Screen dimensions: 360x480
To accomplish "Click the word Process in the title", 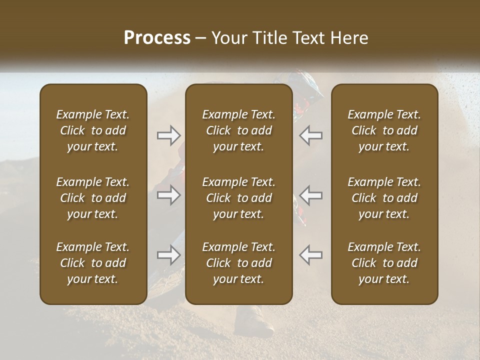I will [x=157, y=38].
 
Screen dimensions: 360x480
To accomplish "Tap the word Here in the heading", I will [x=349, y=38].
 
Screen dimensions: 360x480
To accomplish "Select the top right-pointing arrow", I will [x=168, y=135].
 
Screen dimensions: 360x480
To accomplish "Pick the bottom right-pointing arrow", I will [x=168, y=255].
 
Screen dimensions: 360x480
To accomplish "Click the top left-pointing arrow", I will [x=311, y=135].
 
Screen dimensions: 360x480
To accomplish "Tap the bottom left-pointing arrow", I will [x=311, y=255].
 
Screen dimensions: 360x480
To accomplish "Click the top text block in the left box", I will [x=93, y=130].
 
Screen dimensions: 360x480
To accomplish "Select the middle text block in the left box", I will [x=93, y=198].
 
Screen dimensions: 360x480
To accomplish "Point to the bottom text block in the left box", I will [x=93, y=263].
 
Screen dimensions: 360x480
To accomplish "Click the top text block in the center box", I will [x=238, y=130].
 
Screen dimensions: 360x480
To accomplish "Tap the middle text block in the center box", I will [x=238, y=198].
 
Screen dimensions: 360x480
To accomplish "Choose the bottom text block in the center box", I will [x=238, y=263].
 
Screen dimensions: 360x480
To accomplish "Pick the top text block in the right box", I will [x=384, y=130].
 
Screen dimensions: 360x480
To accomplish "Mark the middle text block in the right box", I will [x=384, y=198].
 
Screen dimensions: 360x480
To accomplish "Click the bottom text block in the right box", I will [x=384, y=263].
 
